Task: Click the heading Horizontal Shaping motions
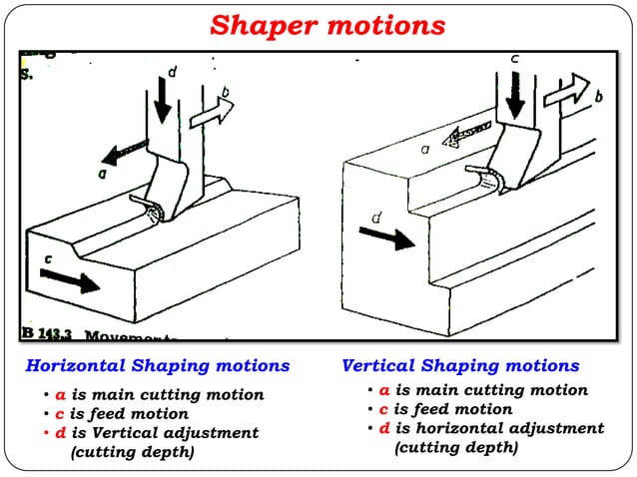click(x=157, y=366)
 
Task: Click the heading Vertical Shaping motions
click(x=460, y=366)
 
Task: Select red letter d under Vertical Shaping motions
click(x=384, y=429)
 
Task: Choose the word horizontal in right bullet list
click(x=453, y=429)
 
